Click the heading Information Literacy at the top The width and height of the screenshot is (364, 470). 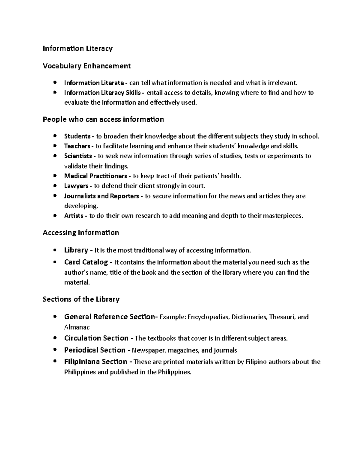coord(78,48)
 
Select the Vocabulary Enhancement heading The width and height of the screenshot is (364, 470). coord(87,66)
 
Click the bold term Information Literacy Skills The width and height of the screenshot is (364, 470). coord(102,93)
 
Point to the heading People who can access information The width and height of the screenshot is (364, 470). coord(103,120)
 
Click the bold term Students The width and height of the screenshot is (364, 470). coord(77,136)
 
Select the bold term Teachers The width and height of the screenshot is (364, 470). coord(77,146)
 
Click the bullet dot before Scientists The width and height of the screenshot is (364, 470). coord(55,156)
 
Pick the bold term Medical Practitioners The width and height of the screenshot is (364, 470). coord(96,176)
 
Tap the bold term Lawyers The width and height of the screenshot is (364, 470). coord(76,186)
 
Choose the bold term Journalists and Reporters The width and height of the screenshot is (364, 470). coord(102,196)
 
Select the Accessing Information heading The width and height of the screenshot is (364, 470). coord(81,233)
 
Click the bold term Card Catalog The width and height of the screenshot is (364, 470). coord(86,262)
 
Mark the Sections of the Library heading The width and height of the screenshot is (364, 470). coord(81,299)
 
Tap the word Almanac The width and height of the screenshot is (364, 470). coord(77,327)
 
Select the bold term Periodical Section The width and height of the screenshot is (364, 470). coord(95,350)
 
